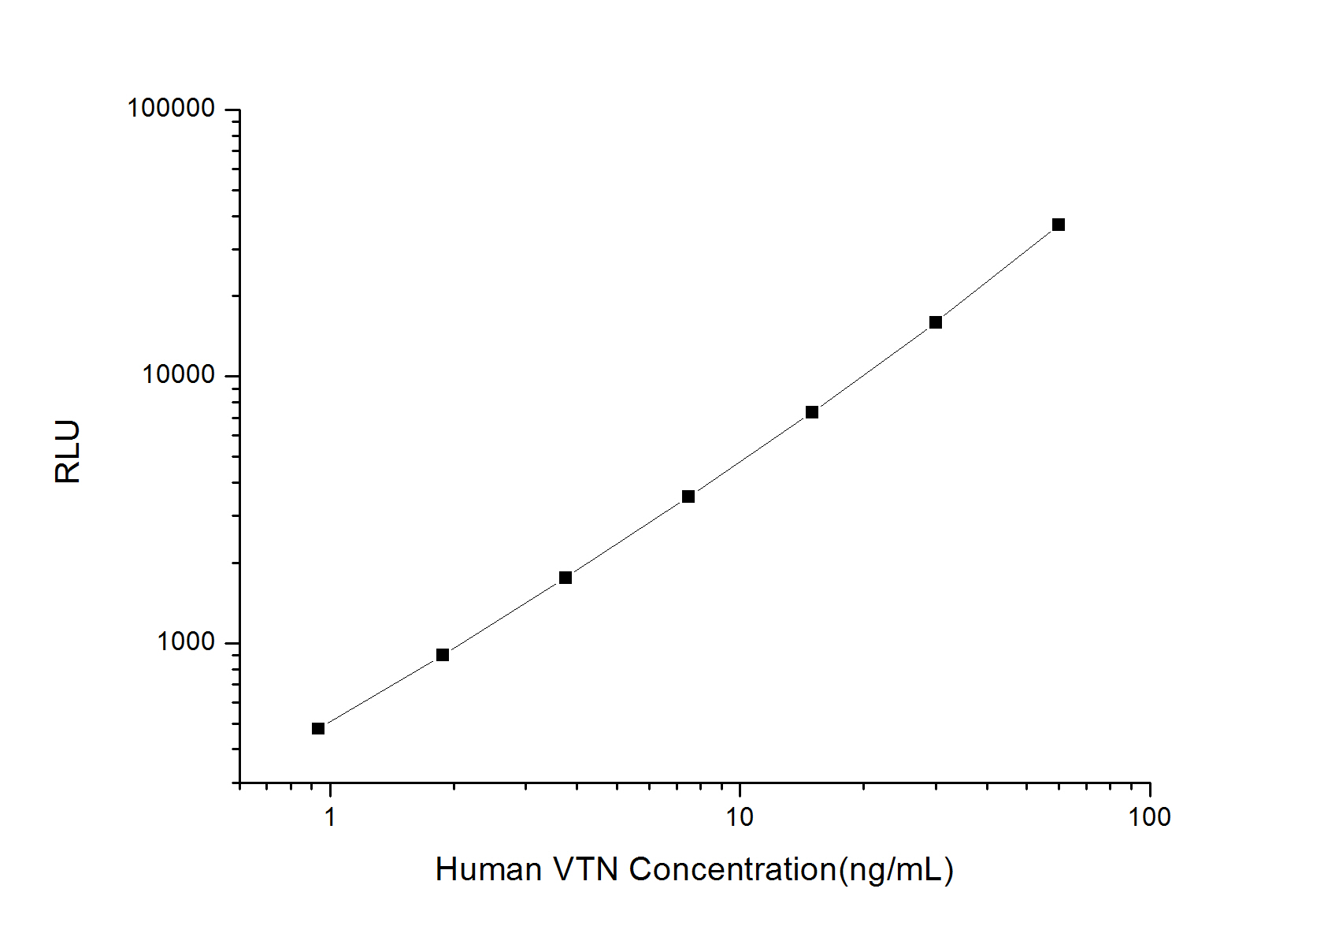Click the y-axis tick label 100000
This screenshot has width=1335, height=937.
click(171, 109)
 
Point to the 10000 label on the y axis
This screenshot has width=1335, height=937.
click(178, 375)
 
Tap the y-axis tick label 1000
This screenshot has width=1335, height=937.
click(186, 642)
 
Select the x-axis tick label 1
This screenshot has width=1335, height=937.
click(330, 817)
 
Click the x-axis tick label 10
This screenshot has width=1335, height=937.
click(740, 817)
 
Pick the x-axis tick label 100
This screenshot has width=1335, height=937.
click(1149, 817)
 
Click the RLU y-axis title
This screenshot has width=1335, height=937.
click(69, 452)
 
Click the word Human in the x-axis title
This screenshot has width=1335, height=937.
click(488, 870)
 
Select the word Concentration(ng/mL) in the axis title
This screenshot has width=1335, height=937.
click(792, 870)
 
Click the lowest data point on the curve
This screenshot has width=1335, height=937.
click(318, 728)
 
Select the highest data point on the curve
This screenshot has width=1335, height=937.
click(1059, 225)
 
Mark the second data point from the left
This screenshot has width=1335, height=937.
click(443, 655)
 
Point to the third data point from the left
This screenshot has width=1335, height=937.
click(566, 578)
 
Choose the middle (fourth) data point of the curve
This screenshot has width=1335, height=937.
click(688, 496)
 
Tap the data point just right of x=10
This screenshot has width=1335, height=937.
click(812, 412)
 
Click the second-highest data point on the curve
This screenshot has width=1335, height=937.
click(936, 322)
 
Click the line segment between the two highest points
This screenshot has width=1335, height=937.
click(997, 273)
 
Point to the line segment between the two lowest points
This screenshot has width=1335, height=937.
click(380, 692)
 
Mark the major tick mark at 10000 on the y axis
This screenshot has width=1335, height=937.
click(232, 376)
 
